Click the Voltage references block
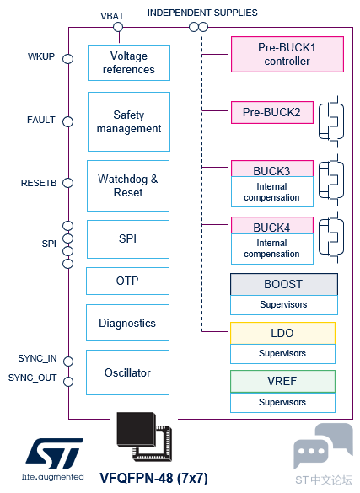tap(129, 62)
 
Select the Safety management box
tap(129, 121)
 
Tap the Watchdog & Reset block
tap(128, 185)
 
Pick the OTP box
tap(127, 281)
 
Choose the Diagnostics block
tap(127, 323)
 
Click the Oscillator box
tap(127, 372)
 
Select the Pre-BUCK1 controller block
tap(287, 55)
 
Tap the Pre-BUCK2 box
tap(272, 112)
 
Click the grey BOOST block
tap(284, 284)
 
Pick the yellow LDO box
tap(282, 333)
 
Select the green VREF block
tap(282, 381)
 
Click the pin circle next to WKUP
tap(68, 59)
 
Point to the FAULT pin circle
tap(68, 121)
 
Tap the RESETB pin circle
tap(68, 183)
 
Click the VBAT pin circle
tap(118, 27)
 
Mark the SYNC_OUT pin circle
tap(68, 382)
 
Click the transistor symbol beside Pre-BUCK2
tap(331, 121)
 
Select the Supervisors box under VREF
tap(282, 403)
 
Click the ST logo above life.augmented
tap(55, 453)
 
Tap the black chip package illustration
tap(144, 437)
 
